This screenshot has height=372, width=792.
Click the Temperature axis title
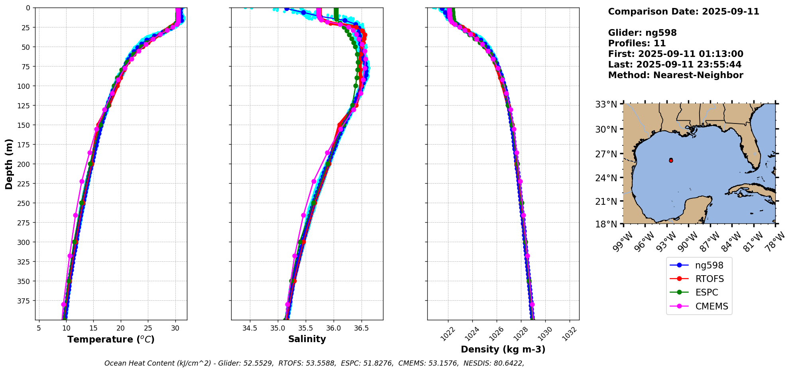[111, 339]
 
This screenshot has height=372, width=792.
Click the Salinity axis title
[307, 339]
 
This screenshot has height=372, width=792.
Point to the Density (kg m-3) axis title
[503, 349]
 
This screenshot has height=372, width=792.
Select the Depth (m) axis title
[9, 164]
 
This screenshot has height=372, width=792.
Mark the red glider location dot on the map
[671, 160]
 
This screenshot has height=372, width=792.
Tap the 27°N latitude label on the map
[606, 154]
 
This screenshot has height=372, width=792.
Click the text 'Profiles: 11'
[637, 43]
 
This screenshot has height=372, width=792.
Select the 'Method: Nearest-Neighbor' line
[675, 75]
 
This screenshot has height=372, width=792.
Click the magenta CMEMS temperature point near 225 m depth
[82, 181]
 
